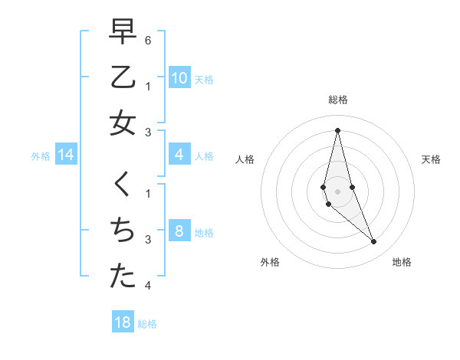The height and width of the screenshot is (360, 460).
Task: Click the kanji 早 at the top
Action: click(123, 32)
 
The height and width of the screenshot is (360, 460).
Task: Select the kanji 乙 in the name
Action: click(123, 78)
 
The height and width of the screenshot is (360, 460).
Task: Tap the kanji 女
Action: click(123, 123)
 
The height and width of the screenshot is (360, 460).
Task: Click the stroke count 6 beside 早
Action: click(147, 38)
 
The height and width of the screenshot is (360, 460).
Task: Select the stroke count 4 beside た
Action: click(147, 286)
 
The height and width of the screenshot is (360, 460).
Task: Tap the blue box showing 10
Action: click(179, 78)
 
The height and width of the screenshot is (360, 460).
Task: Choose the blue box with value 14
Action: click(66, 155)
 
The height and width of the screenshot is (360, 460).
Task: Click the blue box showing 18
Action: click(123, 322)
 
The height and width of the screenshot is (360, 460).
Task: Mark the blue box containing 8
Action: click(179, 231)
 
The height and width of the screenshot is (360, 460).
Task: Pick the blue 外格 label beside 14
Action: click(41, 156)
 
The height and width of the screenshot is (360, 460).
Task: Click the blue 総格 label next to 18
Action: click(147, 324)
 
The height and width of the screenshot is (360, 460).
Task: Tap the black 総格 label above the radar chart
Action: click(337, 100)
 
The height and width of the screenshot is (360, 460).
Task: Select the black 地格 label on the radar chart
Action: click(402, 262)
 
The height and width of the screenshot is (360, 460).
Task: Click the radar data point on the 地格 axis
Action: click(374, 242)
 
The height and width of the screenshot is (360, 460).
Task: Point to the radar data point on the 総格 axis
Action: click(337, 129)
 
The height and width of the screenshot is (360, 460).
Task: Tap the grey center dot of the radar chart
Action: click(337, 191)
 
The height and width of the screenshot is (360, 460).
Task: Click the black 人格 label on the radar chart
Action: click(245, 159)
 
